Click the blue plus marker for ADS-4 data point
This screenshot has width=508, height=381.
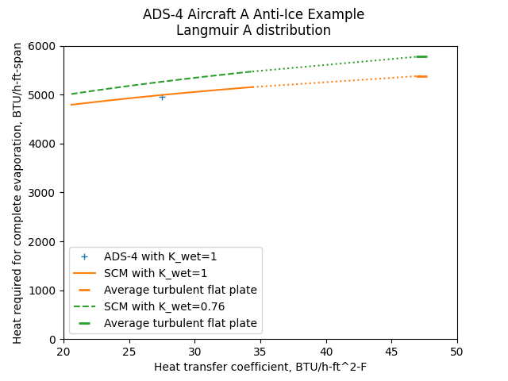click(162, 97)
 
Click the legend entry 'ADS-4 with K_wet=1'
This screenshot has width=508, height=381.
click(160, 256)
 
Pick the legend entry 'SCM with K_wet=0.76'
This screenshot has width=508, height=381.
click(164, 306)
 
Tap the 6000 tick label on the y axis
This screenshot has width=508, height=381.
click(44, 46)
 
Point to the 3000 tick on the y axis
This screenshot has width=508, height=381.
click(44, 193)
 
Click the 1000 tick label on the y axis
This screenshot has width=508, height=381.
click(44, 291)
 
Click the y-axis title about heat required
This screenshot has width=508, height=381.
click(17, 193)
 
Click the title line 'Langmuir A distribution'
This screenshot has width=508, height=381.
click(253, 31)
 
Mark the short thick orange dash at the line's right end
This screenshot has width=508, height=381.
click(421, 76)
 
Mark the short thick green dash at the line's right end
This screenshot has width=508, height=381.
click(421, 56)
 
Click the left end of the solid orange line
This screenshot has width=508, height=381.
click(71, 105)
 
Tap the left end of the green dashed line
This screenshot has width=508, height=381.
click(71, 94)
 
